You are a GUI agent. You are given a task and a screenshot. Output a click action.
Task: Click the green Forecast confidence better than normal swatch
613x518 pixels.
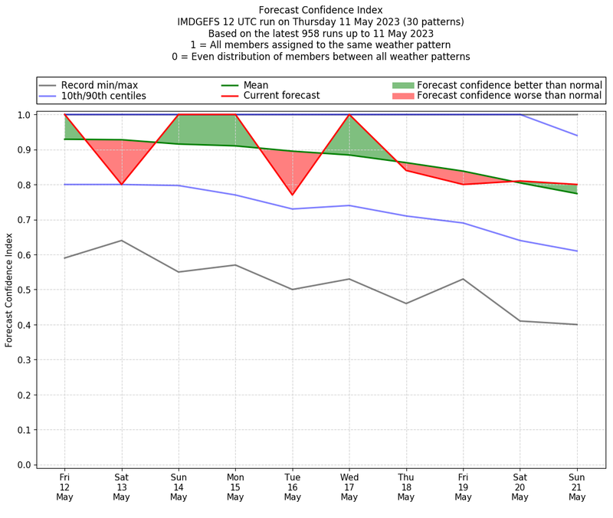(x=402, y=85)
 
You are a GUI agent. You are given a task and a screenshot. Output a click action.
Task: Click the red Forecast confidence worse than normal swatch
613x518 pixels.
(x=402, y=96)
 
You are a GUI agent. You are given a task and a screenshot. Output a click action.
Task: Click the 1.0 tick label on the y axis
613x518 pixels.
(x=25, y=115)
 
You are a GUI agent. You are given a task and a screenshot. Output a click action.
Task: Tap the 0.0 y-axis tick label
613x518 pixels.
(x=25, y=465)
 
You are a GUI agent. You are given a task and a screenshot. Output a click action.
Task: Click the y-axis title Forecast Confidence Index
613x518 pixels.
(x=9, y=289)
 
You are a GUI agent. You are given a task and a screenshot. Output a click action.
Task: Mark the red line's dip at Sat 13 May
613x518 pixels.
(x=121, y=185)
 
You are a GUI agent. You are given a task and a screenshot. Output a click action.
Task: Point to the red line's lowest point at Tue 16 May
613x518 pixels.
(x=292, y=195)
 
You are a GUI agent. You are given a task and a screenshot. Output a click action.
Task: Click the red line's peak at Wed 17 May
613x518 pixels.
(x=349, y=115)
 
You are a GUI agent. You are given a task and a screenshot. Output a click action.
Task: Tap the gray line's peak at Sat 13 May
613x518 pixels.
(x=121, y=241)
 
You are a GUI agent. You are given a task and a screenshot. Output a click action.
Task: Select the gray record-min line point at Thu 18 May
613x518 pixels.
(x=406, y=303)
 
